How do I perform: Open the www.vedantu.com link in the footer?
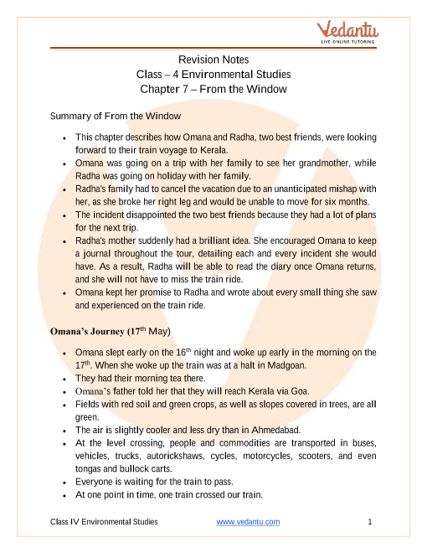pyautogui.click(x=248, y=522)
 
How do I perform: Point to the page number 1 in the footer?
pyautogui.click(x=369, y=522)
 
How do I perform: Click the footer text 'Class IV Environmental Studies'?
pyautogui.click(x=104, y=522)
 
